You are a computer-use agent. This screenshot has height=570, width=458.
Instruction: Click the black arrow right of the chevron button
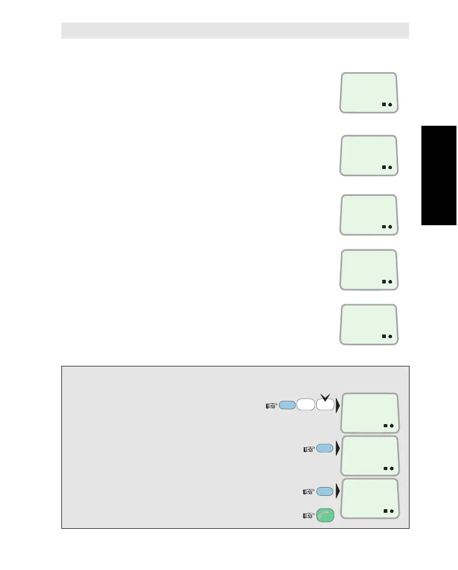[338, 406]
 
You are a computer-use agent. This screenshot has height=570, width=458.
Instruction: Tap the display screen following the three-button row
[370, 412]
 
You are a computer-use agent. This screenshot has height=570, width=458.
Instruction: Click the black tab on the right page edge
[439, 175]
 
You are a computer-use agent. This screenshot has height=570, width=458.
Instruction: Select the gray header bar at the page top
[235, 30]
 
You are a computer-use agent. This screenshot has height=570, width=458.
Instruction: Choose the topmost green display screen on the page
[369, 92]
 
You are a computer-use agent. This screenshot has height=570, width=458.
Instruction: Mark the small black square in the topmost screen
[384, 105]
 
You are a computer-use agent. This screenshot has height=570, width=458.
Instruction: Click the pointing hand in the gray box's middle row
[308, 449]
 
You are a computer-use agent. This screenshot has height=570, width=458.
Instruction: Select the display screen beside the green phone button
[370, 498]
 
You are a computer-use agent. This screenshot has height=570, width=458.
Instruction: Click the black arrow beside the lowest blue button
[338, 492]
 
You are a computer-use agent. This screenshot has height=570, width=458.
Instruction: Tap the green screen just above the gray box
[369, 324]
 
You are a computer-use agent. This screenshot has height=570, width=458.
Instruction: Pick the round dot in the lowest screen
[392, 511]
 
